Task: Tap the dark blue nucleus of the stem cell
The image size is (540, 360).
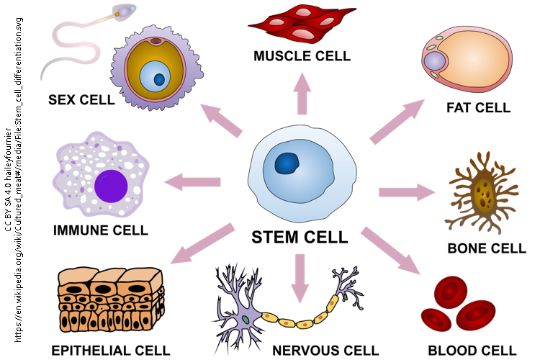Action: click(x=289, y=165)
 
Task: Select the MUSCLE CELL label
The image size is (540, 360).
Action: click(x=302, y=55)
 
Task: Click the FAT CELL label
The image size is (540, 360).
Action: click(x=478, y=108)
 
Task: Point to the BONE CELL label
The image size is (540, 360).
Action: click(x=487, y=249)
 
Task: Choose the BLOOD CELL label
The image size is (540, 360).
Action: click(x=472, y=351)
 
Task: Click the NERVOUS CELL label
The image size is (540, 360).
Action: click(x=325, y=351)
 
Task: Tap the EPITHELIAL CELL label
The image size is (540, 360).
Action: click(x=111, y=351)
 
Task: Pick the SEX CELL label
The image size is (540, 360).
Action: click(x=81, y=100)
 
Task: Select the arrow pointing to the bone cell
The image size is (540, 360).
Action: click(x=407, y=192)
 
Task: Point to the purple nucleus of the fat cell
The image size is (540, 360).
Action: click(x=435, y=61)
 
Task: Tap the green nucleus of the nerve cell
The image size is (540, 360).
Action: click(x=246, y=318)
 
